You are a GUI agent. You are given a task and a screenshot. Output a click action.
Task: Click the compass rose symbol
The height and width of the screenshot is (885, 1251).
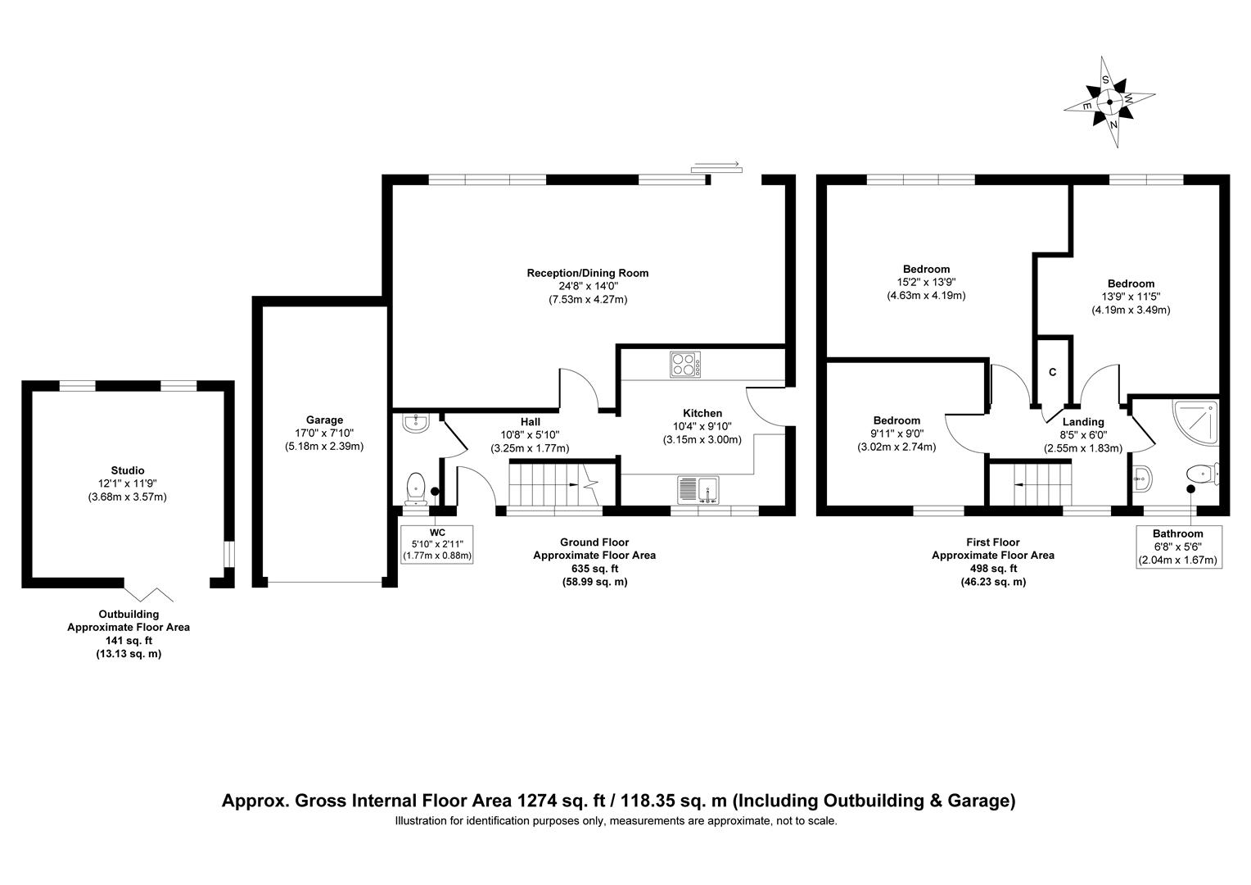pos(1109,102)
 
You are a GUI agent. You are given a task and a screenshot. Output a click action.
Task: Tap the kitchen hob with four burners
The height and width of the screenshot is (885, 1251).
pos(684,364)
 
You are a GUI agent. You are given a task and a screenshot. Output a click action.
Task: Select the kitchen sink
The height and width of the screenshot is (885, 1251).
pos(697,488)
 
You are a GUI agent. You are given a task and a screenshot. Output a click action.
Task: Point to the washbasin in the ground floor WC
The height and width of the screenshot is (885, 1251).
pos(416,424)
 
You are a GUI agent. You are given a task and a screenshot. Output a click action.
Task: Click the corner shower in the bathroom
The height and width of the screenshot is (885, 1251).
pos(1195,421)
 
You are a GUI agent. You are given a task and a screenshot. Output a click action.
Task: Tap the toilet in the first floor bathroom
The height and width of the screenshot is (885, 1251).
pos(1201,474)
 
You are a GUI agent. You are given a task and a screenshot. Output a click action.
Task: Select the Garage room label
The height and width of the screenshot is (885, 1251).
pos(324,420)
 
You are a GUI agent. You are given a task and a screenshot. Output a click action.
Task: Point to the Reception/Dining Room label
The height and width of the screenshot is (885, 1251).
pos(587,273)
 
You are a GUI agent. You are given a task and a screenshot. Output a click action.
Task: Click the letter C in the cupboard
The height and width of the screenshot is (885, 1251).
pos(1053,372)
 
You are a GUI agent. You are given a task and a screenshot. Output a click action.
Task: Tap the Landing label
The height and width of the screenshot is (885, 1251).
pos(1083,422)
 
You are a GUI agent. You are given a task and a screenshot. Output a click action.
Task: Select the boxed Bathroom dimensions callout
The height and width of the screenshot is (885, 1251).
pos(1178,547)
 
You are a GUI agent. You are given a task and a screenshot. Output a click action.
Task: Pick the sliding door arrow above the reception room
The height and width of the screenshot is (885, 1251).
pos(716,167)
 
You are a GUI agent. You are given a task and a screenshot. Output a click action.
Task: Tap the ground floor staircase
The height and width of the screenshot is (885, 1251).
pos(554,484)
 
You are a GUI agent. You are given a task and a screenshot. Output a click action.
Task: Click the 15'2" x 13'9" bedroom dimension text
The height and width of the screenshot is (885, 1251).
pos(926,282)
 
